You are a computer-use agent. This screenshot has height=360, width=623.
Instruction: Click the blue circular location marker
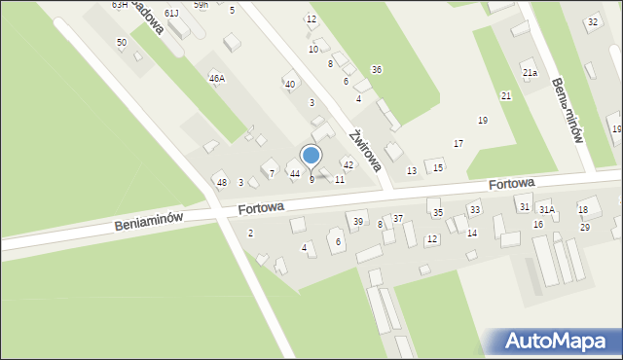tap(311, 155)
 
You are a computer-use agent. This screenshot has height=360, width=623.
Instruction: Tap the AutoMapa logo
tap(552, 342)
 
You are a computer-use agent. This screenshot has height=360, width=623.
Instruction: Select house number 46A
tap(216, 78)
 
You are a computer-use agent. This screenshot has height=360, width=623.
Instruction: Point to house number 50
tap(121, 43)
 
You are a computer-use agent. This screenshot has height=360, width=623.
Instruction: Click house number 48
tap(221, 183)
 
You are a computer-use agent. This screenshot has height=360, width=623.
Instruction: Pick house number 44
tap(295, 174)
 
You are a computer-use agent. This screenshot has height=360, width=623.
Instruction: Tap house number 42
tap(348, 165)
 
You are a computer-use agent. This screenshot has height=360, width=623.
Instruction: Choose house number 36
tap(376, 69)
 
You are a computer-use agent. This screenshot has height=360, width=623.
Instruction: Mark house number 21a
tap(530, 73)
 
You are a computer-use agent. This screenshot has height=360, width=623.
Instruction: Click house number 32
tap(592, 21)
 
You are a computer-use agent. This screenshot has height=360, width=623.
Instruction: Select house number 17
tap(458, 144)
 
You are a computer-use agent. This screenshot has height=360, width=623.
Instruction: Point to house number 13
tap(412, 171)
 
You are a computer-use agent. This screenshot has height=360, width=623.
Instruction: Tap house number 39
tap(358, 222)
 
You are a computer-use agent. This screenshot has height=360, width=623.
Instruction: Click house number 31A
tap(547, 209)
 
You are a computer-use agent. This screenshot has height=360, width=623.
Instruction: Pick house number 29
tap(585, 227)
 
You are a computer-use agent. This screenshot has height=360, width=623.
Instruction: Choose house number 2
tap(250, 233)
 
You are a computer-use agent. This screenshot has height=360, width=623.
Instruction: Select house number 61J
tap(171, 13)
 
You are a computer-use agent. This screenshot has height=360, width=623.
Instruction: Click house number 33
tap(474, 209)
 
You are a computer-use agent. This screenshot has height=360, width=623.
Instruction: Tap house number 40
tap(289, 85)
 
